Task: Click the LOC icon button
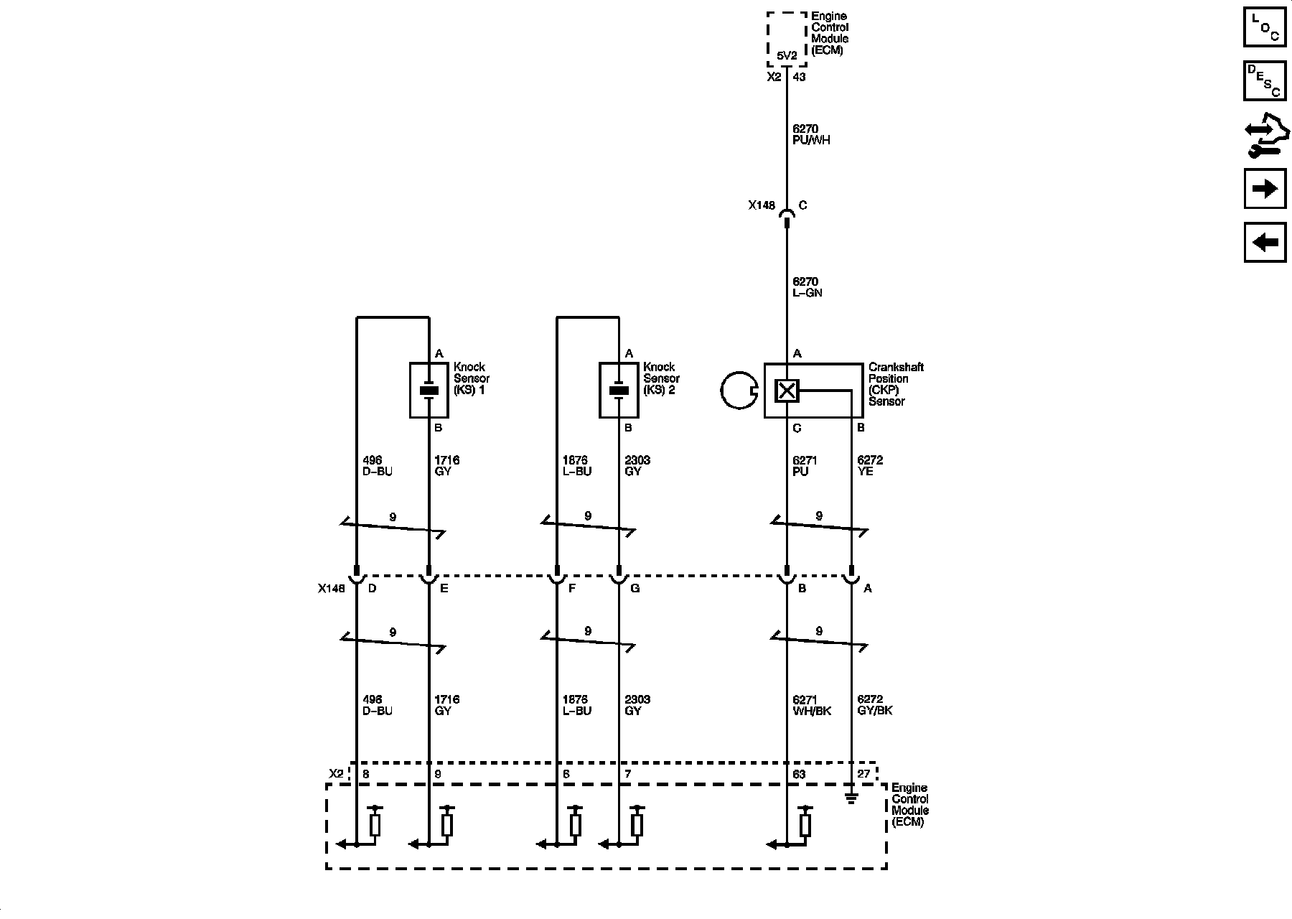1265,27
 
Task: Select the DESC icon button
1265,80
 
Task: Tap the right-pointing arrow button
1265,189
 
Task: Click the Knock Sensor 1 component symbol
429,390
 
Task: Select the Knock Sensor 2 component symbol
619,390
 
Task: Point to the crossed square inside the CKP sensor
787,391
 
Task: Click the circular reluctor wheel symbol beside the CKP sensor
739,391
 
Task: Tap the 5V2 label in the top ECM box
787,55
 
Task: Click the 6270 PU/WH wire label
811,135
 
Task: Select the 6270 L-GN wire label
807,287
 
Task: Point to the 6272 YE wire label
870,466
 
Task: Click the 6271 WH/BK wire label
811,705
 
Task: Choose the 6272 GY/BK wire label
875,705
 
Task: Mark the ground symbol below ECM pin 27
851,798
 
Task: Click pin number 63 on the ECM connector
799,775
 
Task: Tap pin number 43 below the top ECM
799,77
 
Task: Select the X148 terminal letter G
635,589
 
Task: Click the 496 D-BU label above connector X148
378,466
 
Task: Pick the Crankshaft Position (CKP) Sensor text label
896,384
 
